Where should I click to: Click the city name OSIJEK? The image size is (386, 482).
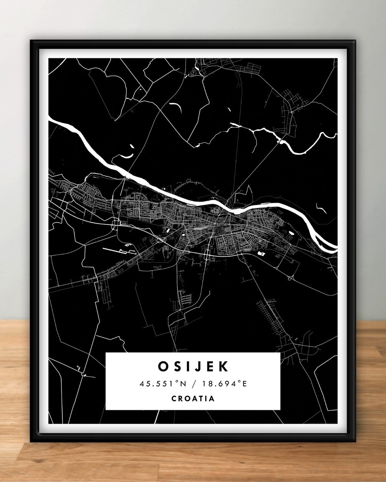tap(193, 366)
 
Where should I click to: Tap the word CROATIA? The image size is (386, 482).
tap(193, 398)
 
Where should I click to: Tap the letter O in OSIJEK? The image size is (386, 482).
tap(163, 366)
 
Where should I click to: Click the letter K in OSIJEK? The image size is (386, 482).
tap(223, 366)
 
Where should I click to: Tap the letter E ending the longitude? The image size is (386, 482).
tap(244, 383)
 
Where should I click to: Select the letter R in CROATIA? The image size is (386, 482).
tap(181, 398)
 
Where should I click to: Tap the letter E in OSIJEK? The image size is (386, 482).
tap(209, 366)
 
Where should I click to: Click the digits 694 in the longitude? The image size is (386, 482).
tap(227, 383)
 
